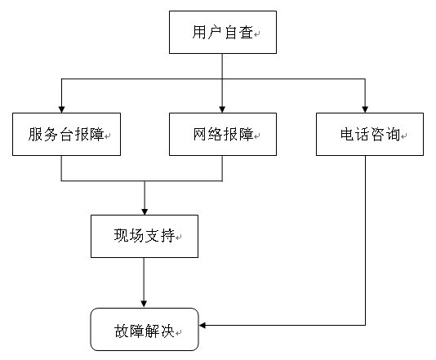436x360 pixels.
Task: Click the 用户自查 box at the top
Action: pos(223,33)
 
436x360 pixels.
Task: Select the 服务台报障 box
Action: pos(66,134)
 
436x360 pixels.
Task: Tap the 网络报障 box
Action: pos(223,134)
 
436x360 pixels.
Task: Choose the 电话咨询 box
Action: pos(370,134)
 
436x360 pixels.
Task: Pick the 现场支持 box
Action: pos(145,236)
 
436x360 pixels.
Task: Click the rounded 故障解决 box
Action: pos(145,330)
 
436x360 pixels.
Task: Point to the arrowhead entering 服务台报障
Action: pos(61,109)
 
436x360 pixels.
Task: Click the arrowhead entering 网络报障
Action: pos(222,109)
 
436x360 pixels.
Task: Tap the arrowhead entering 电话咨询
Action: pos(365,109)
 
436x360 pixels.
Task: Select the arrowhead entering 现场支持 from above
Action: pos(145,211)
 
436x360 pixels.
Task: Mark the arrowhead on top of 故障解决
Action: pos(144,304)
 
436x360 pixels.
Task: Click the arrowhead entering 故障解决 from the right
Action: pos(202,325)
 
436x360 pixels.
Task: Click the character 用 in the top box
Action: pos(200,33)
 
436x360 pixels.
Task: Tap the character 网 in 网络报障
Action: pos(201,134)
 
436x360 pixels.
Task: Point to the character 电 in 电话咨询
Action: pos(348,134)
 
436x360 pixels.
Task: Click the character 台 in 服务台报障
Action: pos(66,134)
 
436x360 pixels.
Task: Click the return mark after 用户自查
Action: pos(257,34)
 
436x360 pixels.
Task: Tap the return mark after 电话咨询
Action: pos(403,136)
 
